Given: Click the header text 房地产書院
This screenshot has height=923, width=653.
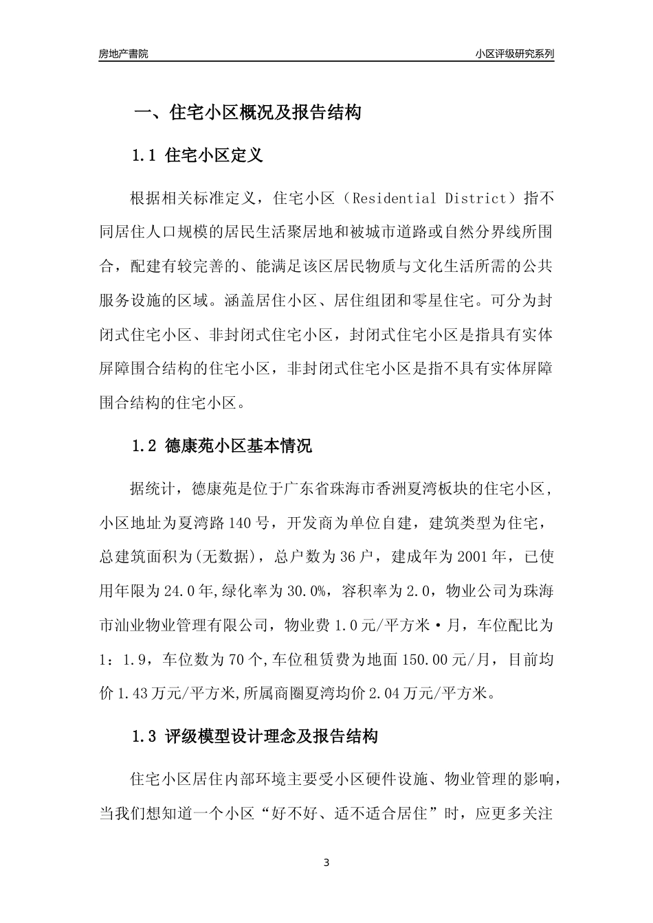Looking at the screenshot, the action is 123,53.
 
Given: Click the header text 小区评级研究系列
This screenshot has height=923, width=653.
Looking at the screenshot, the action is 514,53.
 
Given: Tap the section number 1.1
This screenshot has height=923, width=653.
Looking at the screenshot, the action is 145,155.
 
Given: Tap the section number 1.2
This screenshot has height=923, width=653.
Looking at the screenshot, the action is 145,446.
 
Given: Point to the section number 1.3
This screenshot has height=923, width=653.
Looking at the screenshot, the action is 145,737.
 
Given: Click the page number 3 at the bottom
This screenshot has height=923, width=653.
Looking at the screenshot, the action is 326,863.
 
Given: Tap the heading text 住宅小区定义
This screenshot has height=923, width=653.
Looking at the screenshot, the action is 214,155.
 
